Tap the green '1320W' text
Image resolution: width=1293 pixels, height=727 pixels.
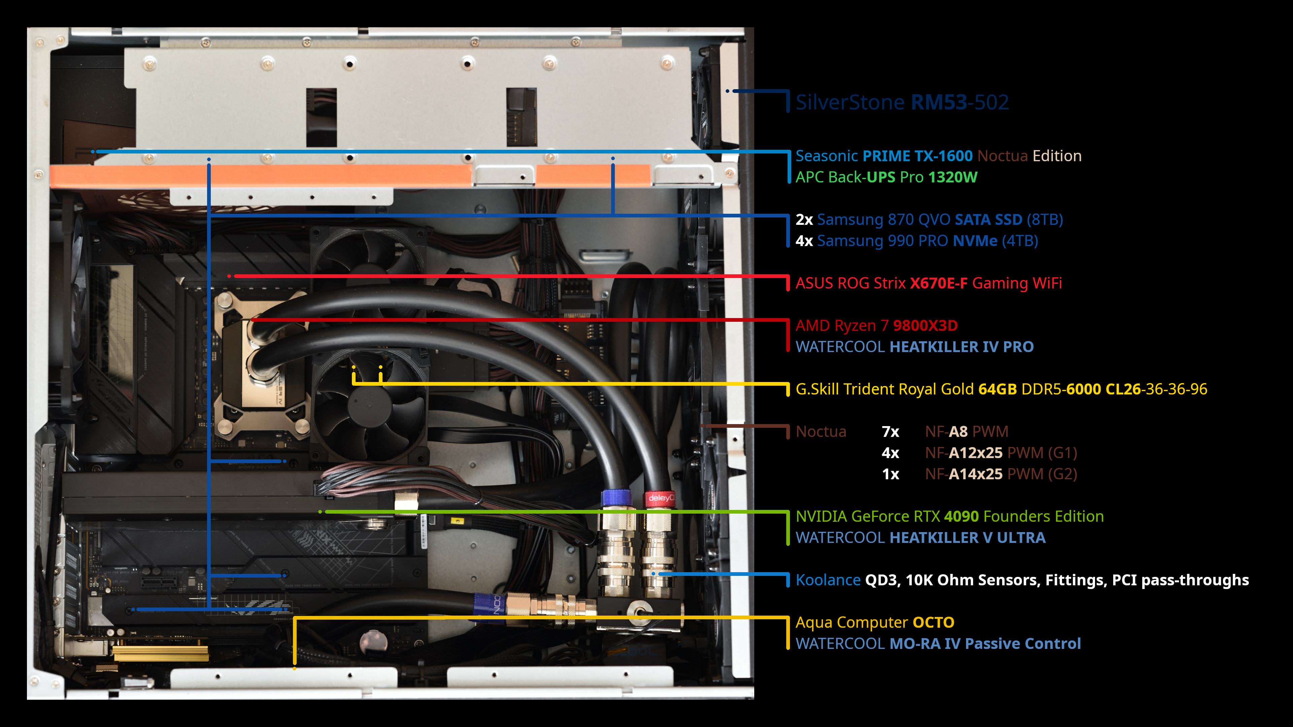(x=953, y=177)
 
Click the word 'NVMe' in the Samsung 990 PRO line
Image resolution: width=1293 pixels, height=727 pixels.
(x=975, y=241)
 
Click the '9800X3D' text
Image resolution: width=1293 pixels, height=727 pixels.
(x=925, y=325)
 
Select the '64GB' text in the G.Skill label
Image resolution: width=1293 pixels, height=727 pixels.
(x=997, y=389)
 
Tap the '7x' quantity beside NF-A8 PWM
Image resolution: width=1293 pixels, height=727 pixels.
(x=890, y=431)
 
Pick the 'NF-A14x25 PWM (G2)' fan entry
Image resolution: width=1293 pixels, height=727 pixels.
(x=1001, y=474)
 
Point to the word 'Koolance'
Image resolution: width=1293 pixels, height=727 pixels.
(x=828, y=580)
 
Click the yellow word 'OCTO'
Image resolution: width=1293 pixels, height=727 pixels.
(x=933, y=623)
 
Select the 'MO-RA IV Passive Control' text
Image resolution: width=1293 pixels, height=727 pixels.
(x=985, y=644)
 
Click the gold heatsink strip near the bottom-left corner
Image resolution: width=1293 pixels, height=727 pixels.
(x=161, y=653)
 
